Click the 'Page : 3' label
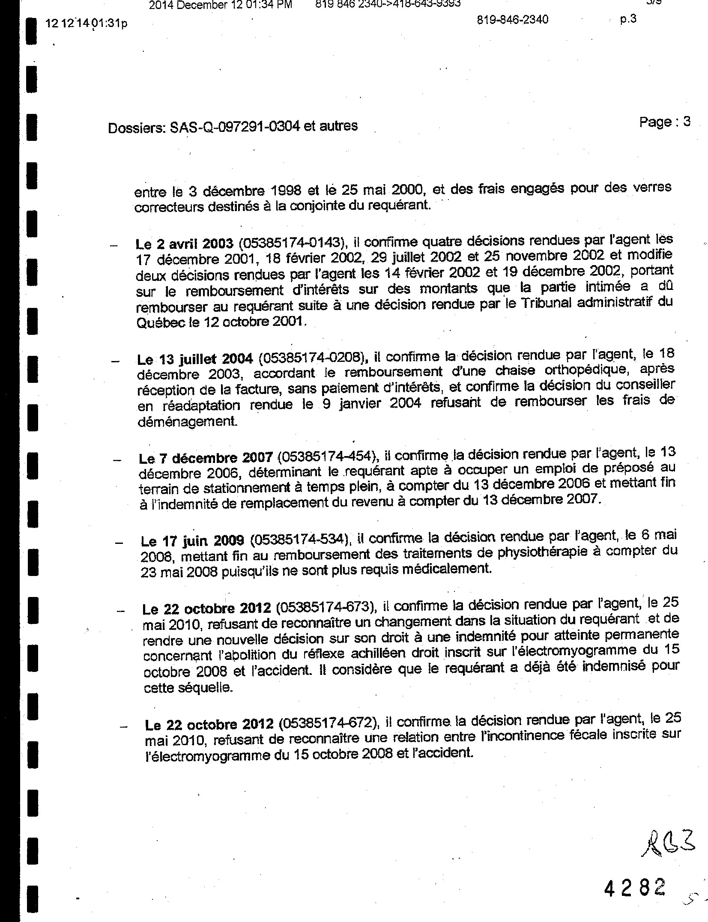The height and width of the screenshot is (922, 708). [664, 122]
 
